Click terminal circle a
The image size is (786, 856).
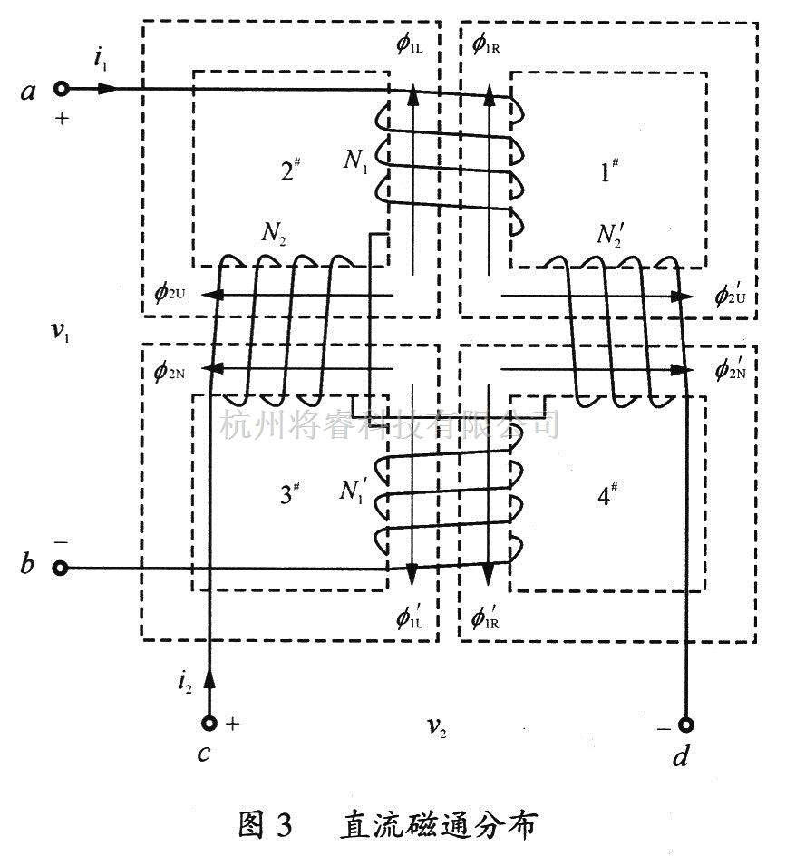coord(61,89)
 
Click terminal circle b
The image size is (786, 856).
coord(61,569)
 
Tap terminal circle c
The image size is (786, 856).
coord(209,724)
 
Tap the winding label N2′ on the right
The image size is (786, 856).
coord(609,234)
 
